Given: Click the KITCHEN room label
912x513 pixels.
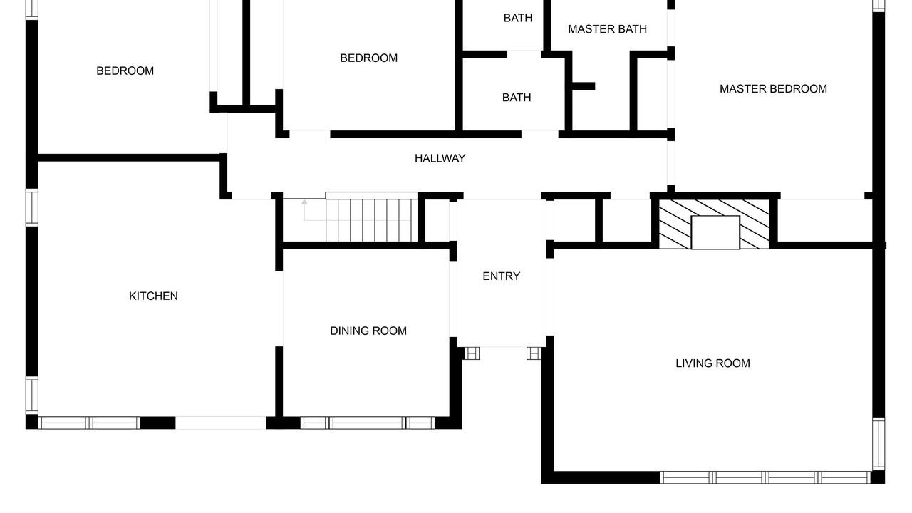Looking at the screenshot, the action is [x=153, y=296].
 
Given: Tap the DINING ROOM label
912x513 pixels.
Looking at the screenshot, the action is [x=368, y=331].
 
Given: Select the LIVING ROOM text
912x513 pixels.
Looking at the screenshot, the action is [x=713, y=363].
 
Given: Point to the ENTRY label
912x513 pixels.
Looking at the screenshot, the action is [x=501, y=276].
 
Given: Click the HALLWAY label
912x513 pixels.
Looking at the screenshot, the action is [x=440, y=158].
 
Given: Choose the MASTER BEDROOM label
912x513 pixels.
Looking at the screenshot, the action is [x=774, y=89].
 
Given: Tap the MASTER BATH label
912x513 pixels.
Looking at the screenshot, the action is [x=608, y=29].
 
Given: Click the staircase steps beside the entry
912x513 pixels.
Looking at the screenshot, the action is [x=371, y=217].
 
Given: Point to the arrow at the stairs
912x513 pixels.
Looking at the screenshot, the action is [x=357, y=220].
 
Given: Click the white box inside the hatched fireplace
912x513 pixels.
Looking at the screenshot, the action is [x=715, y=232].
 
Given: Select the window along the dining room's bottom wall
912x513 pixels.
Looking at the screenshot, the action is [x=368, y=423].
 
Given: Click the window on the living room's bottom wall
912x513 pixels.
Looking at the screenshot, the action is [x=765, y=477].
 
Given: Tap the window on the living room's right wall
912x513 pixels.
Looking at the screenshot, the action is [x=879, y=444].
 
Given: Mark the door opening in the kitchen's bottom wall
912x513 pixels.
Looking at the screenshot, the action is [x=221, y=423].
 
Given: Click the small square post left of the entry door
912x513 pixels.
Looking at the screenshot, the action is [x=472, y=353].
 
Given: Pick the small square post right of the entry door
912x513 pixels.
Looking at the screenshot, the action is [x=534, y=353].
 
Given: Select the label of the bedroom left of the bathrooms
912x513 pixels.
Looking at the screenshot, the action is [x=369, y=58].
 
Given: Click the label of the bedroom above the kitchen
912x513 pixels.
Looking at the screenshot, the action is [x=125, y=71].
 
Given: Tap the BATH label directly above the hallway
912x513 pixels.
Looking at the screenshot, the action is [x=517, y=98].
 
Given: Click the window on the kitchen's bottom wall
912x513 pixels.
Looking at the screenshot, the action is [x=89, y=423].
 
